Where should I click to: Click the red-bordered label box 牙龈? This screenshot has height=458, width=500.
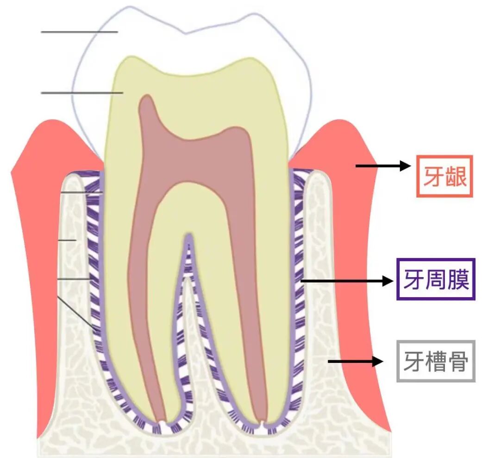coord(444,176)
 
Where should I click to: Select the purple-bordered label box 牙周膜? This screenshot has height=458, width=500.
coord(436,279)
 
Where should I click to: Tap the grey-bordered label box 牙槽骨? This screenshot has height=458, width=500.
coord(436,361)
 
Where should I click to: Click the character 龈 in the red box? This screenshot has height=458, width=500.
coord(456,177)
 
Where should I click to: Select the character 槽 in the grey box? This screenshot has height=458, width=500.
coord(436,362)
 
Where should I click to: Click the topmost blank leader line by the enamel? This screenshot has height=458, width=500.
coord(79,32)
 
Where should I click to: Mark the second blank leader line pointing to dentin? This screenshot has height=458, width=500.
coord(82,93)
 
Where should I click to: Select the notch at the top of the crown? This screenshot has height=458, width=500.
coord(186,33)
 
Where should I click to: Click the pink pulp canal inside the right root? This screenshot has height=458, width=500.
coord(248,278)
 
